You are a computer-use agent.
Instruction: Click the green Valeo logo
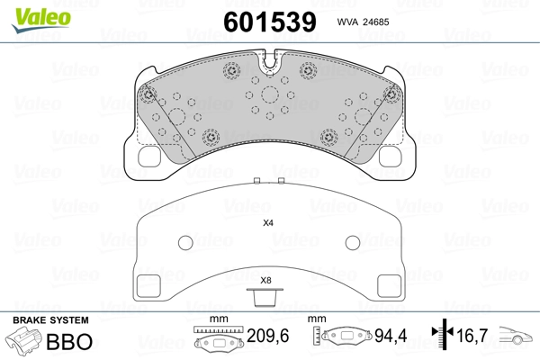(41, 20)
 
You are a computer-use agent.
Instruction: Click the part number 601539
(270, 22)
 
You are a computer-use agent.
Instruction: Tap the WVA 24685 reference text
(363, 22)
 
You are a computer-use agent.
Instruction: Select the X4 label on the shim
(268, 223)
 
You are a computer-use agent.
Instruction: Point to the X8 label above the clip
(265, 281)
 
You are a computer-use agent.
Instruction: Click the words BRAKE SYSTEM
(50, 320)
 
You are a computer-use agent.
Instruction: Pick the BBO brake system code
(69, 341)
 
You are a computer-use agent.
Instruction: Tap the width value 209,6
(268, 336)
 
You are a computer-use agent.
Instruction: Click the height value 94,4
(391, 336)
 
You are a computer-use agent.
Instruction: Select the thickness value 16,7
(472, 336)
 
